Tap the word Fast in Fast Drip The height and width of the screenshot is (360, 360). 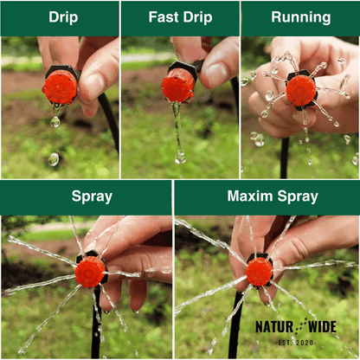point(165,17)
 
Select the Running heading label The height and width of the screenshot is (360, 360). point(300,17)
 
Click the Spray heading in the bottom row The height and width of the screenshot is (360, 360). point(91,196)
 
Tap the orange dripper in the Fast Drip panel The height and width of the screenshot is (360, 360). point(178,85)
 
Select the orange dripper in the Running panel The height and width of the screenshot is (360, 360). point(301,90)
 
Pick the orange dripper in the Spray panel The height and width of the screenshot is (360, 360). point(89,272)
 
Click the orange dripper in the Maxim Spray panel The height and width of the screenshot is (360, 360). point(259,272)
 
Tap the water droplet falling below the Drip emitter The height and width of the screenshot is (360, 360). point(55,122)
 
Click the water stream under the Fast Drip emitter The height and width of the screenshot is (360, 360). point(177,130)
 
